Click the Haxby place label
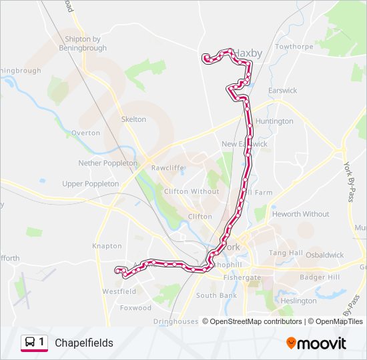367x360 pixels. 248,53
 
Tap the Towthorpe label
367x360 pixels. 294,47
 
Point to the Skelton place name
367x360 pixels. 133,119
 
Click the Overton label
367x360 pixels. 85,133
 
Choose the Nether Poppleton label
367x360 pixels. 107,163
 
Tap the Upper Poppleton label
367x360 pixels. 90,183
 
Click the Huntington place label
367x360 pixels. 274,121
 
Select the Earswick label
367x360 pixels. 282,90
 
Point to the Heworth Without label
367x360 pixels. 300,214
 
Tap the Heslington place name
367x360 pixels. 299,301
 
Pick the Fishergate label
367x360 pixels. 243,277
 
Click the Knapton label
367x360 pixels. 107,246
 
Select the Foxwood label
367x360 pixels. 135,308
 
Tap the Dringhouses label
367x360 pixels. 175,321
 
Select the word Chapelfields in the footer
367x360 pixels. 84,343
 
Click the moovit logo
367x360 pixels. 316,343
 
